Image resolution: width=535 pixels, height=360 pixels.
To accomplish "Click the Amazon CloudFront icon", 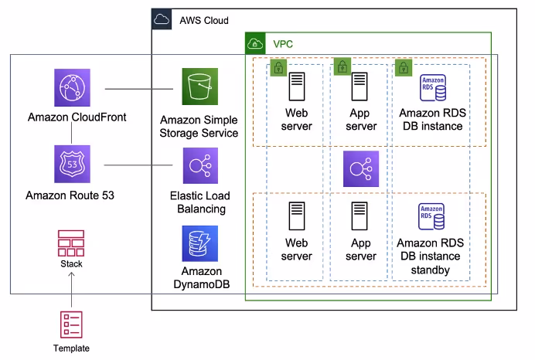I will point(73,87).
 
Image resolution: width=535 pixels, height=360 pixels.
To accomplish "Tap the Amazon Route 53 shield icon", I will point(73,164).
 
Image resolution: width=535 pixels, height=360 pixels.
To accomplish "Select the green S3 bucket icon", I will point(200,87).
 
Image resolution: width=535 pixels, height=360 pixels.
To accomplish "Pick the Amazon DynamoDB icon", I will point(200,243).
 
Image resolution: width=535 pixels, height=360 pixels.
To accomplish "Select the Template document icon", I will point(71,324).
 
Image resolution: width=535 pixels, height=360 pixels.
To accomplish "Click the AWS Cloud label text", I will point(204,20).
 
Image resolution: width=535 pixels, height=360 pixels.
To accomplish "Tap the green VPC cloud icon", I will point(256,44).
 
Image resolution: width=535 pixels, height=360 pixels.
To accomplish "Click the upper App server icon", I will point(359,85).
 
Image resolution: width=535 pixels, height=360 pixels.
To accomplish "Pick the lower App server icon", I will point(359,216).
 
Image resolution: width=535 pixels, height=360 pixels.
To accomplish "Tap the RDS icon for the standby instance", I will point(432,217).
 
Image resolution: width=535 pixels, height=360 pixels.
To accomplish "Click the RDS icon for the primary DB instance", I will point(432,88).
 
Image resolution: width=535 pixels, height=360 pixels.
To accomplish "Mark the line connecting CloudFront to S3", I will point(138,87).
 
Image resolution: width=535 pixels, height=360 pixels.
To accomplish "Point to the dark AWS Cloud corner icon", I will point(162,20).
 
